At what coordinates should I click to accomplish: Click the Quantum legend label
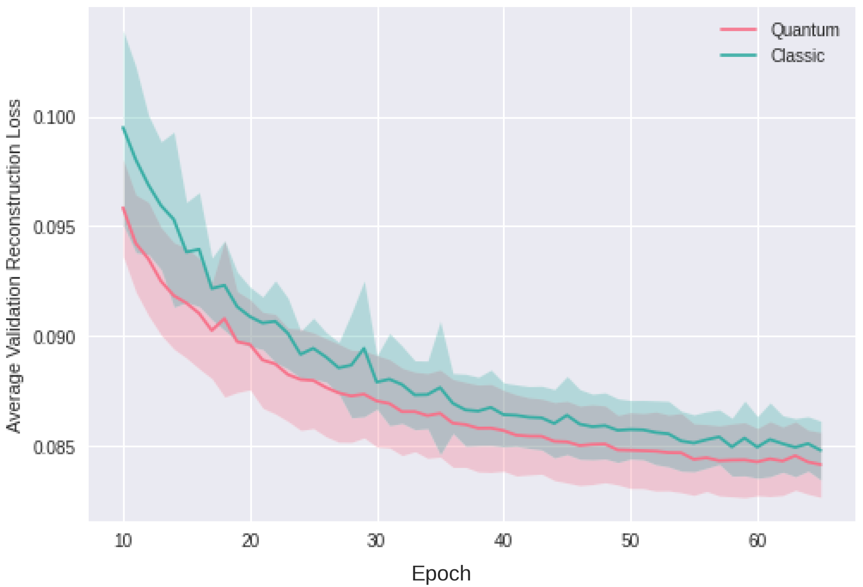click(805, 30)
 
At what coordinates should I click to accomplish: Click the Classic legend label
click(797, 56)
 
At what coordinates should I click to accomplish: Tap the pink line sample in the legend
click(738, 29)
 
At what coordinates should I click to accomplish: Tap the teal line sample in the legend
click(738, 55)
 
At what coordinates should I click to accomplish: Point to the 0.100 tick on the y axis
click(54, 118)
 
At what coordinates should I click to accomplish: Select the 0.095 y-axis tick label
click(54, 227)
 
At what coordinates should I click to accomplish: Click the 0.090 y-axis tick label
click(54, 337)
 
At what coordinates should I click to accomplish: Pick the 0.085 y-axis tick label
click(54, 447)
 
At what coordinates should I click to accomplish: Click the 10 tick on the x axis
click(123, 541)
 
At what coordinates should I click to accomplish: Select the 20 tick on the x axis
click(251, 541)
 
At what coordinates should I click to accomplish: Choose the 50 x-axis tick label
click(630, 541)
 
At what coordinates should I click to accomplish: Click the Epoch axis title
click(441, 573)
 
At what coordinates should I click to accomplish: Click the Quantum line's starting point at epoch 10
click(123, 208)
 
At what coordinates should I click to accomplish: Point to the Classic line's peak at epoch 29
click(364, 348)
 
